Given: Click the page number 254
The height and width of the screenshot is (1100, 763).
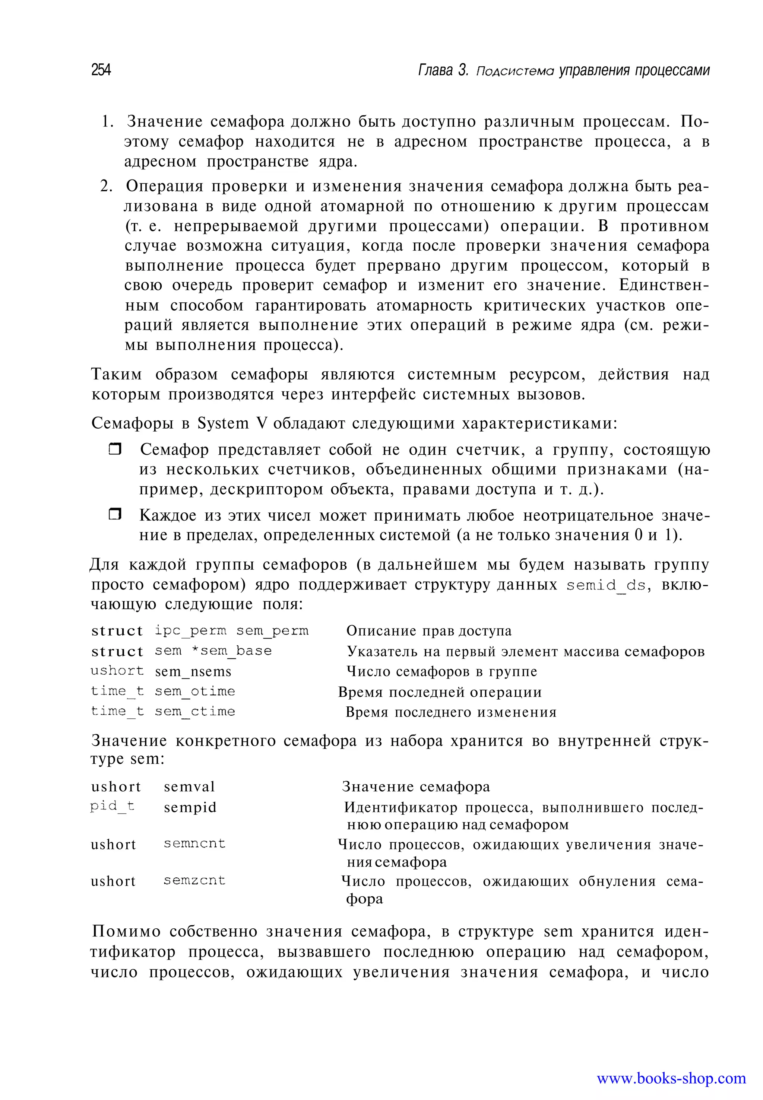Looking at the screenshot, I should point(101,70).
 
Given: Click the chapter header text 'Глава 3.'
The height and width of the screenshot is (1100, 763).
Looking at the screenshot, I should point(443,70).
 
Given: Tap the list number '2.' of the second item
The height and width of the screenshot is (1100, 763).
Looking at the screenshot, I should point(107,186).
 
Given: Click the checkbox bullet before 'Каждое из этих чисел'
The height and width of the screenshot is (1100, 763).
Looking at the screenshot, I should point(115,515).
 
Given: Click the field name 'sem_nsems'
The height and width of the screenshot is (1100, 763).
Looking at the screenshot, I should point(193,671).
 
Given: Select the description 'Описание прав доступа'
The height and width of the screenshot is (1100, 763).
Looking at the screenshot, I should point(429,631).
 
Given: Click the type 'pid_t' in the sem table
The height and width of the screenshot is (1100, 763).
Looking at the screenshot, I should point(113,807).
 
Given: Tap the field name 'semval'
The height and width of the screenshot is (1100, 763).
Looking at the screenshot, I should point(189,786).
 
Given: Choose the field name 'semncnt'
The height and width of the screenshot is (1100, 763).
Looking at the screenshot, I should point(194,844).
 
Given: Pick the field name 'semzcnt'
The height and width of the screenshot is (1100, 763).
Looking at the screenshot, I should point(194,880).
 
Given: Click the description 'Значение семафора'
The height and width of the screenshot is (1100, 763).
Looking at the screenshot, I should point(416,786).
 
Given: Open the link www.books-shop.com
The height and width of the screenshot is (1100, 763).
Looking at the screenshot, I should point(671,1078).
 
